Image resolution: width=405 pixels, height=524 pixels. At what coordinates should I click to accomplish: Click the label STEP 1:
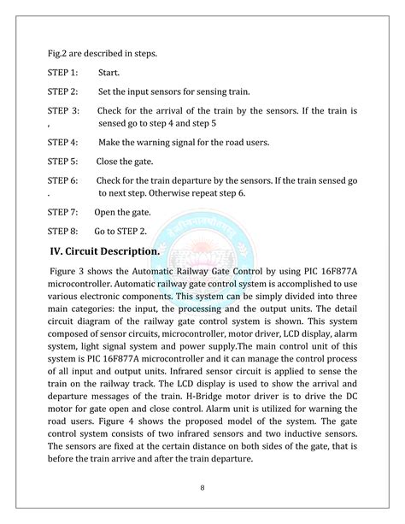(x=62, y=74)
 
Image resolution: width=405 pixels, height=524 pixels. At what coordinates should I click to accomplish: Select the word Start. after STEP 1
(x=109, y=74)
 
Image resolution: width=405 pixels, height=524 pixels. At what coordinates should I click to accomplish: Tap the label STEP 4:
(x=62, y=142)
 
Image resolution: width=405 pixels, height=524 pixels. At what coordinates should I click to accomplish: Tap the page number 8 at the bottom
(x=202, y=489)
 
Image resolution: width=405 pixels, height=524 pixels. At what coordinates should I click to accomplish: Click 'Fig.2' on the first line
(x=58, y=53)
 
